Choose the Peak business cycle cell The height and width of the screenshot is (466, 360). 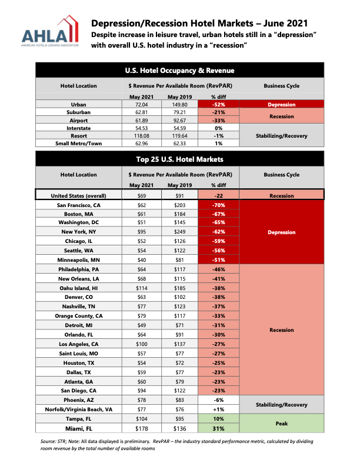(x=282, y=424)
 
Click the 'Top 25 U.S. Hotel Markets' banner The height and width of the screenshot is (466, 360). (x=180, y=159)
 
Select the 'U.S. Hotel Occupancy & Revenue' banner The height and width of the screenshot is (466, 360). (x=180, y=71)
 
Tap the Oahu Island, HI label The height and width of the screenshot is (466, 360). (x=79, y=288)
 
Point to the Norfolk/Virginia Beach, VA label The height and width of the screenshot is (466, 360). (x=79, y=410)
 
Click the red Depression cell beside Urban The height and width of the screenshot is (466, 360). (x=282, y=104)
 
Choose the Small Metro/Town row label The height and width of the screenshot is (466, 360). (x=79, y=142)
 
